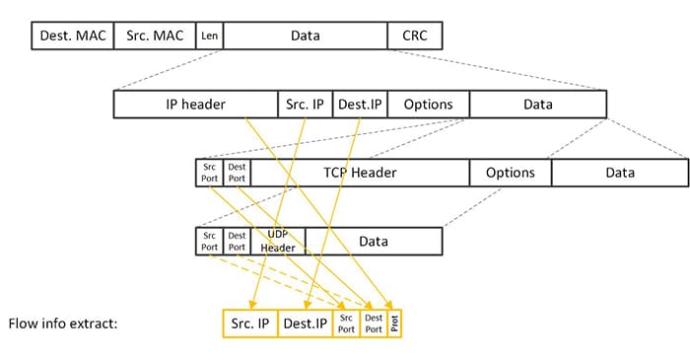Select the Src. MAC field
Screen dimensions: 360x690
[x=155, y=36]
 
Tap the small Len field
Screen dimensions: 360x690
[x=209, y=36]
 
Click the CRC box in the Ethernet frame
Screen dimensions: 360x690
[x=414, y=36]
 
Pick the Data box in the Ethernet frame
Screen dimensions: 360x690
[x=305, y=36]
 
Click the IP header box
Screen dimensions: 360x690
[x=196, y=105]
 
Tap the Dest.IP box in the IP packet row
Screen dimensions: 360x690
[x=359, y=105]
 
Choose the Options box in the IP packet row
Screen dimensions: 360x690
[x=428, y=105]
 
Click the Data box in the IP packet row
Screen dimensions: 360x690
[x=537, y=105]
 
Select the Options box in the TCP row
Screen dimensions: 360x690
[x=510, y=173]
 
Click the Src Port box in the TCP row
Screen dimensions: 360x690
[x=209, y=173]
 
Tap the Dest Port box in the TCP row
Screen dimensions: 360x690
[x=237, y=173]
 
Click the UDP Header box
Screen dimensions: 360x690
[x=278, y=241]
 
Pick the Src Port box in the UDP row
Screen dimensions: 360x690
[x=209, y=241]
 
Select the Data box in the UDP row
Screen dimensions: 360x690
[x=374, y=241]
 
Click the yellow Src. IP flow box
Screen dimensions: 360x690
[x=250, y=323]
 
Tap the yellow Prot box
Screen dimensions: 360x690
[x=395, y=323]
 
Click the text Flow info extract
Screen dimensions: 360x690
[x=63, y=323]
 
